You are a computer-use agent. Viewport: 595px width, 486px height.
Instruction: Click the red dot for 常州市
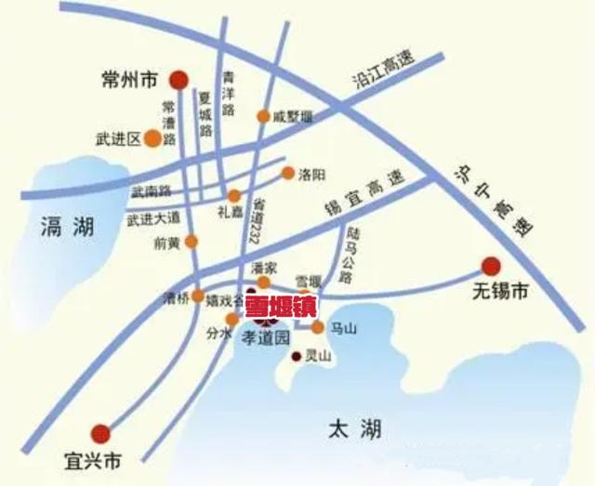click(181, 80)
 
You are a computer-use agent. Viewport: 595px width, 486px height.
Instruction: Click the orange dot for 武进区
click(150, 139)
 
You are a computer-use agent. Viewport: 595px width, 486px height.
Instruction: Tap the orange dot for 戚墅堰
click(263, 117)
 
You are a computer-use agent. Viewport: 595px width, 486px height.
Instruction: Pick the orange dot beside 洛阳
click(288, 173)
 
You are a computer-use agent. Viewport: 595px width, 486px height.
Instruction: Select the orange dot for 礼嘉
click(234, 196)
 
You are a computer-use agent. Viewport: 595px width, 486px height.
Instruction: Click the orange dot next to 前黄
click(192, 242)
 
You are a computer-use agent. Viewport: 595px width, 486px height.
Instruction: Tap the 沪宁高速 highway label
click(484, 198)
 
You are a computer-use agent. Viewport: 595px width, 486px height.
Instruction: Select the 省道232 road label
click(253, 220)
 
